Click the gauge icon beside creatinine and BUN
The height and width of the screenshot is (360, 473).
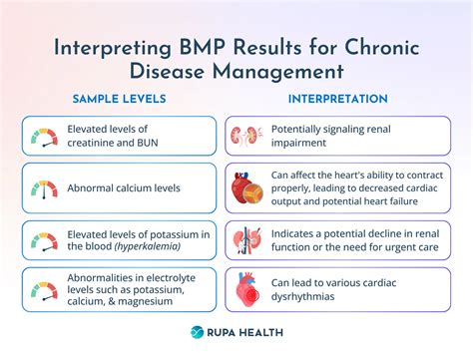click(44, 136)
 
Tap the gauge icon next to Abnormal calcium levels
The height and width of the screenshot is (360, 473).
click(44, 187)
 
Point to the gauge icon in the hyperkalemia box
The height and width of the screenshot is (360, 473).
click(44, 240)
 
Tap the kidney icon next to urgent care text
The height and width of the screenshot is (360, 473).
click(243, 240)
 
